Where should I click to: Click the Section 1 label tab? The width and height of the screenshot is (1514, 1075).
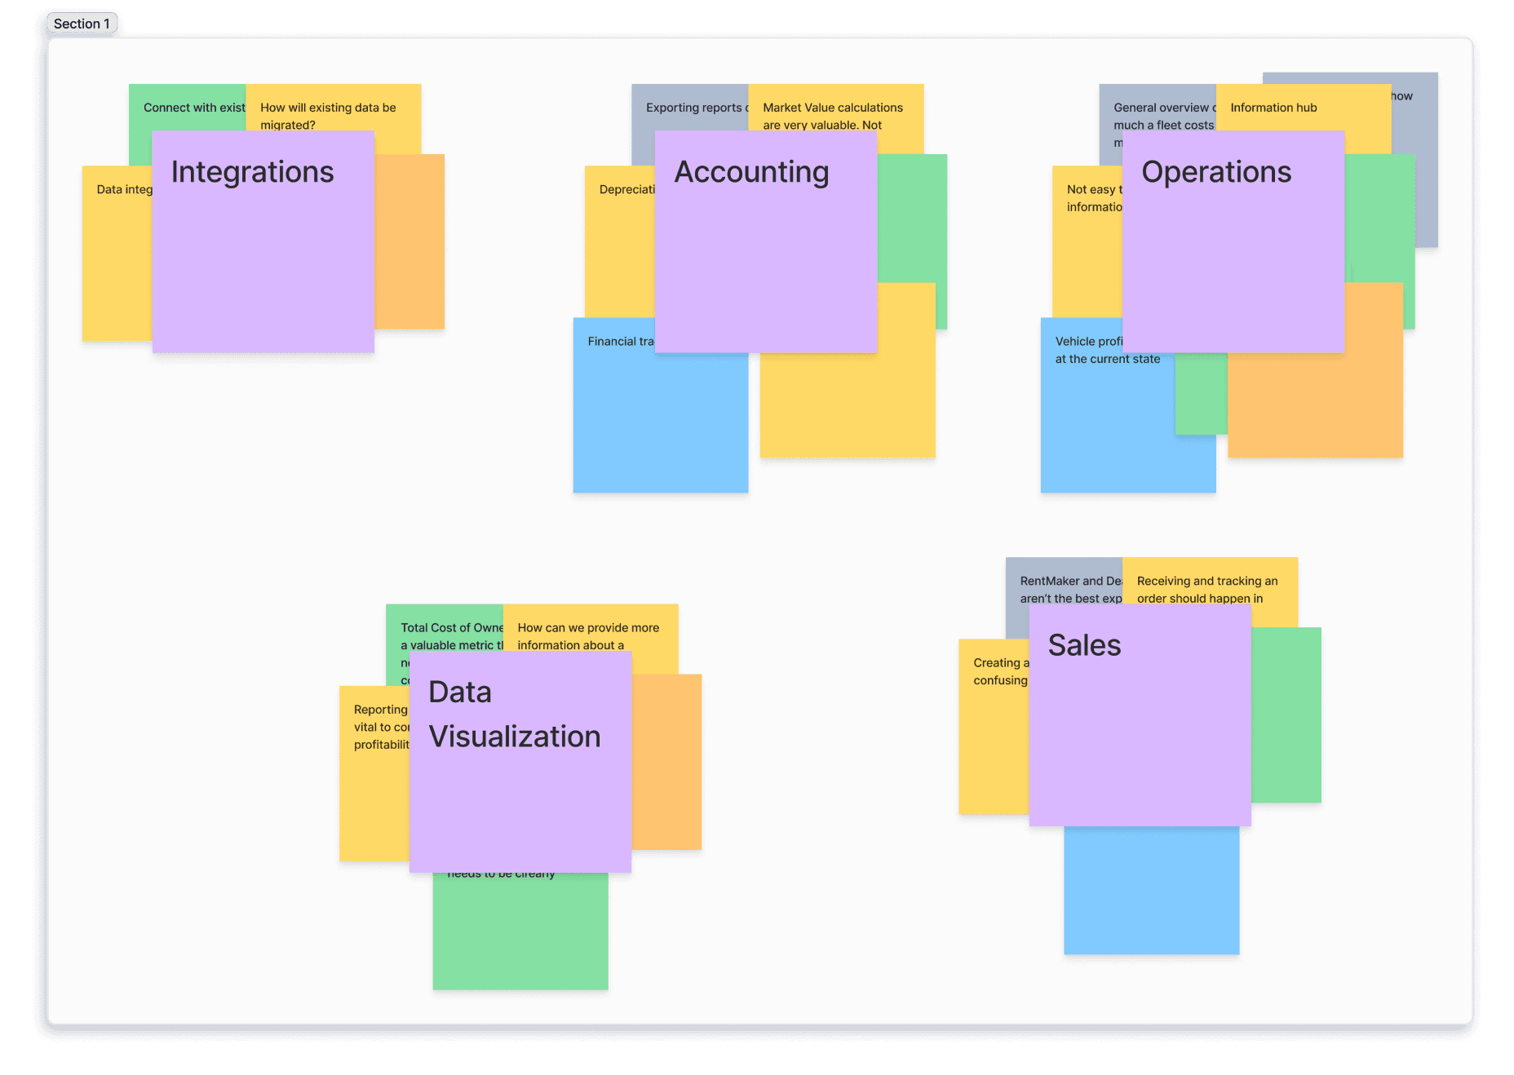tap(82, 24)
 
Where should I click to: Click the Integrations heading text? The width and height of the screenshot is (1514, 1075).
tap(252, 172)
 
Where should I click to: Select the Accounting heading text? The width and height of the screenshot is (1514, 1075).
tap(751, 172)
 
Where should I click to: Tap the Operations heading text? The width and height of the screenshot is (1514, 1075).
tap(1216, 172)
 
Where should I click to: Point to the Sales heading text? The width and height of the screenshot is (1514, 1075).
tap(1084, 645)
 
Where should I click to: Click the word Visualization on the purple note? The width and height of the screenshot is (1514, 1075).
tap(515, 737)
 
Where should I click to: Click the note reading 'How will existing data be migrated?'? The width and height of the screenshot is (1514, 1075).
tap(328, 115)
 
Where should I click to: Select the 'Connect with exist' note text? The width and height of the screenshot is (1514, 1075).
tap(194, 108)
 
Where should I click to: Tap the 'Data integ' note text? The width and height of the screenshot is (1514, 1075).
tap(124, 189)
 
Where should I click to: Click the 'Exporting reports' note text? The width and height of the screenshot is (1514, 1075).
tap(694, 108)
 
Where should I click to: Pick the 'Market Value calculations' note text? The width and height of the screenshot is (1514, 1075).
tap(833, 108)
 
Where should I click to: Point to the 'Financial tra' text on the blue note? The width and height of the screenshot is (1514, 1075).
tap(621, 342)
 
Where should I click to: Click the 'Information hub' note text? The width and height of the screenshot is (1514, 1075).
tap(1273, 108)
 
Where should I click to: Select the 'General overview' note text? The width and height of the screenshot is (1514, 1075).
tap(1162, 108)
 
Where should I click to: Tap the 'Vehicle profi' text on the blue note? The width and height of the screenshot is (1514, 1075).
tap(1089, 342)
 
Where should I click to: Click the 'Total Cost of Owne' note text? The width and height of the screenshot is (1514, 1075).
tap(451, 628)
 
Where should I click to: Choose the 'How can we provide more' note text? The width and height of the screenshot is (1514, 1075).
tap(588, 628)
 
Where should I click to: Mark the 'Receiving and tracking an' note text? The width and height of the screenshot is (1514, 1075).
tap(1207, 582)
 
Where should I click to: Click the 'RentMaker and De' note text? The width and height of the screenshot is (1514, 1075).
tap(1070, 582)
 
